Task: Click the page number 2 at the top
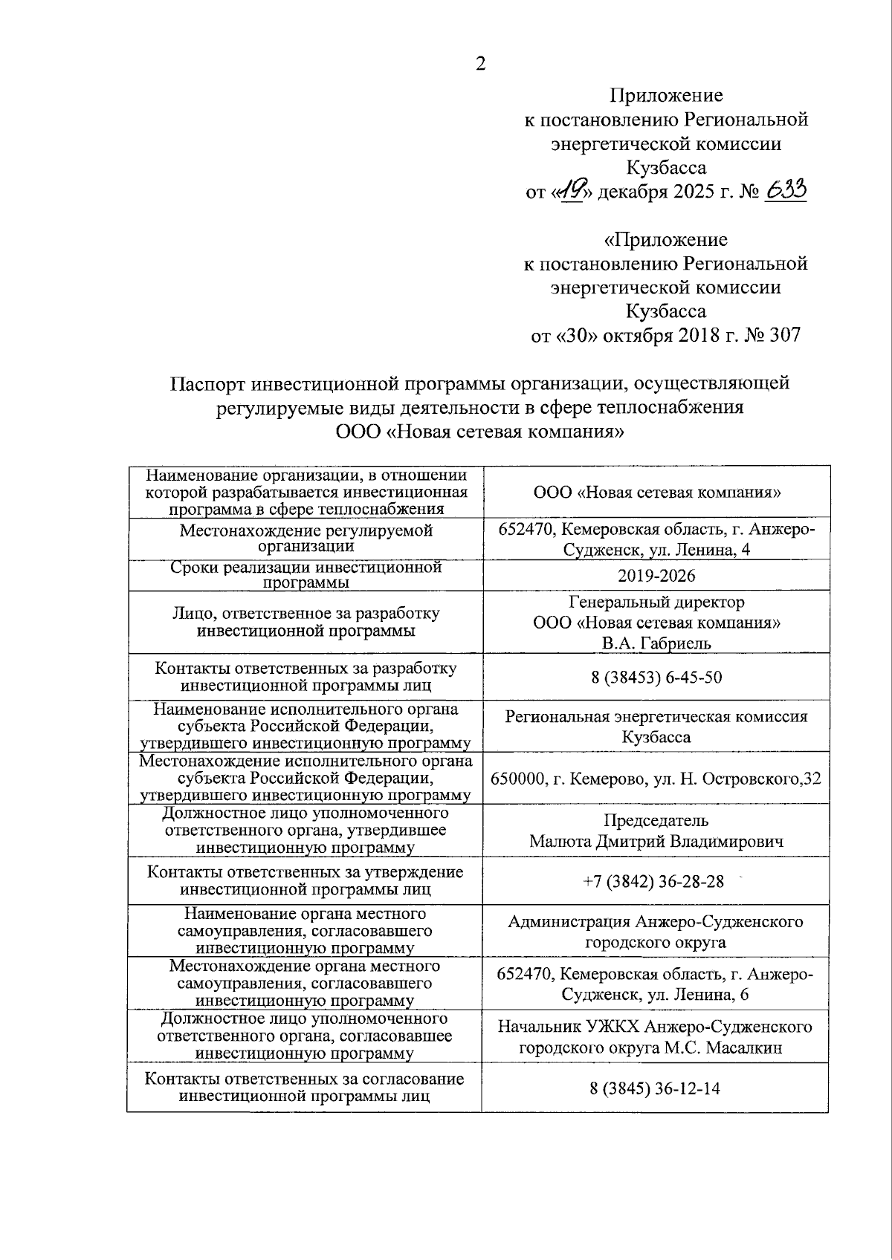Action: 480,65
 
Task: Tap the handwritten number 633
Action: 785,191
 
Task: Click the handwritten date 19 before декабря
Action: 573,192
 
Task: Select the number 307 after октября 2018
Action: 786,335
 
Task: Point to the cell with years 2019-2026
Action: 656,576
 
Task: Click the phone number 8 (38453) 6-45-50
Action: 656,677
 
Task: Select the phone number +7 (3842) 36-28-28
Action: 655,881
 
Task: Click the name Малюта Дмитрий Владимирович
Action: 656,842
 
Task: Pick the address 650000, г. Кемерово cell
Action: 656,779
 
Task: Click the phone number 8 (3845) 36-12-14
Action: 655,1088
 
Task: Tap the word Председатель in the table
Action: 656,821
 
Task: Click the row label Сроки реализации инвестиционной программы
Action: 306,575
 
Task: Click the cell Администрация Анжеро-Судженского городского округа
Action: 656,932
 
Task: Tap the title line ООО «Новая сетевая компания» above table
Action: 479,432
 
